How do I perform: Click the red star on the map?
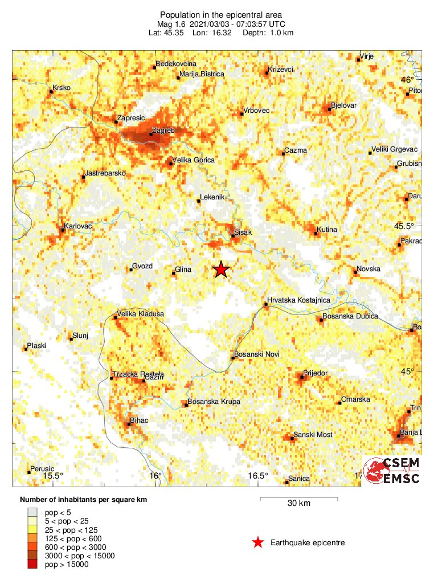click(221, 269)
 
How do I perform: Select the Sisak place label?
click(243, 232)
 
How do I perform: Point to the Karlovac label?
click(78, 226)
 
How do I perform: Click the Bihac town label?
click(140, 420)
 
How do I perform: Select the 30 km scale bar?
click(299, 500)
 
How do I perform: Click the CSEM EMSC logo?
click(392, 470)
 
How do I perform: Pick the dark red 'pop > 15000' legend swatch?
click(34, 564)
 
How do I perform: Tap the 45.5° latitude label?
click(404, 226)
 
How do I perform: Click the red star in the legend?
click(258, 542)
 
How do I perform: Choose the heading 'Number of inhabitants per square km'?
click(84, 500)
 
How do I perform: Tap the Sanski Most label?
click(313, 435)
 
